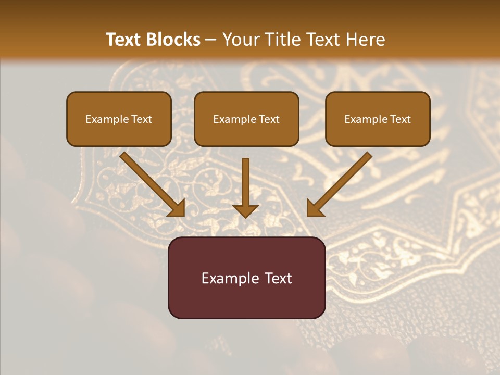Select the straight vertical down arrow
(x=245, y=182)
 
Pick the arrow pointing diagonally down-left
(x=341, y=182)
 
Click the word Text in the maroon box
(x=278, y=278)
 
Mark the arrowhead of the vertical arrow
(x=245, y=210)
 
